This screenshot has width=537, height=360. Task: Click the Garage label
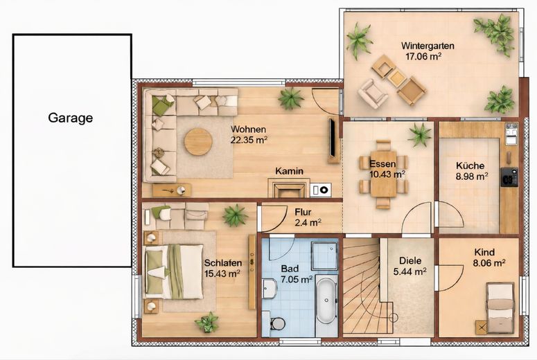pyautogui.click(x=71, y=118)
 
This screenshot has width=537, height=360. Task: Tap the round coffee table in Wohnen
pyautogui.click(x=198, y=142)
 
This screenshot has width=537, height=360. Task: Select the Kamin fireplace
pyautogui.click(x=289, y=188)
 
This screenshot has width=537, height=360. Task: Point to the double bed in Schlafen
pyautogui.click(x=174, y=271)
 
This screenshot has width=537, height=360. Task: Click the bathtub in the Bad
pyautogui.click(x=326, y=300)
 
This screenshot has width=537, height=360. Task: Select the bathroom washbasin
pyautogui.click(x=269, y=288)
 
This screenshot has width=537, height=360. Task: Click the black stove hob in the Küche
pyautogui.click(x=509, y=177)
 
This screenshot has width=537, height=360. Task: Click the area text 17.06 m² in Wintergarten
pyautogui.click(x=423, y=57)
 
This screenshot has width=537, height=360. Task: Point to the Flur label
pyautogui.click(x=303, y=212)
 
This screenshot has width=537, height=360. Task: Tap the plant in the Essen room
pyautogui.click(x=420, y=135)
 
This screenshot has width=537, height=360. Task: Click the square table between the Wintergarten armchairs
pyautogui.click(x=397, y=78)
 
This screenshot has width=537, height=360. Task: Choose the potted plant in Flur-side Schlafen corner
pyautogui.click(x=236, y=215)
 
